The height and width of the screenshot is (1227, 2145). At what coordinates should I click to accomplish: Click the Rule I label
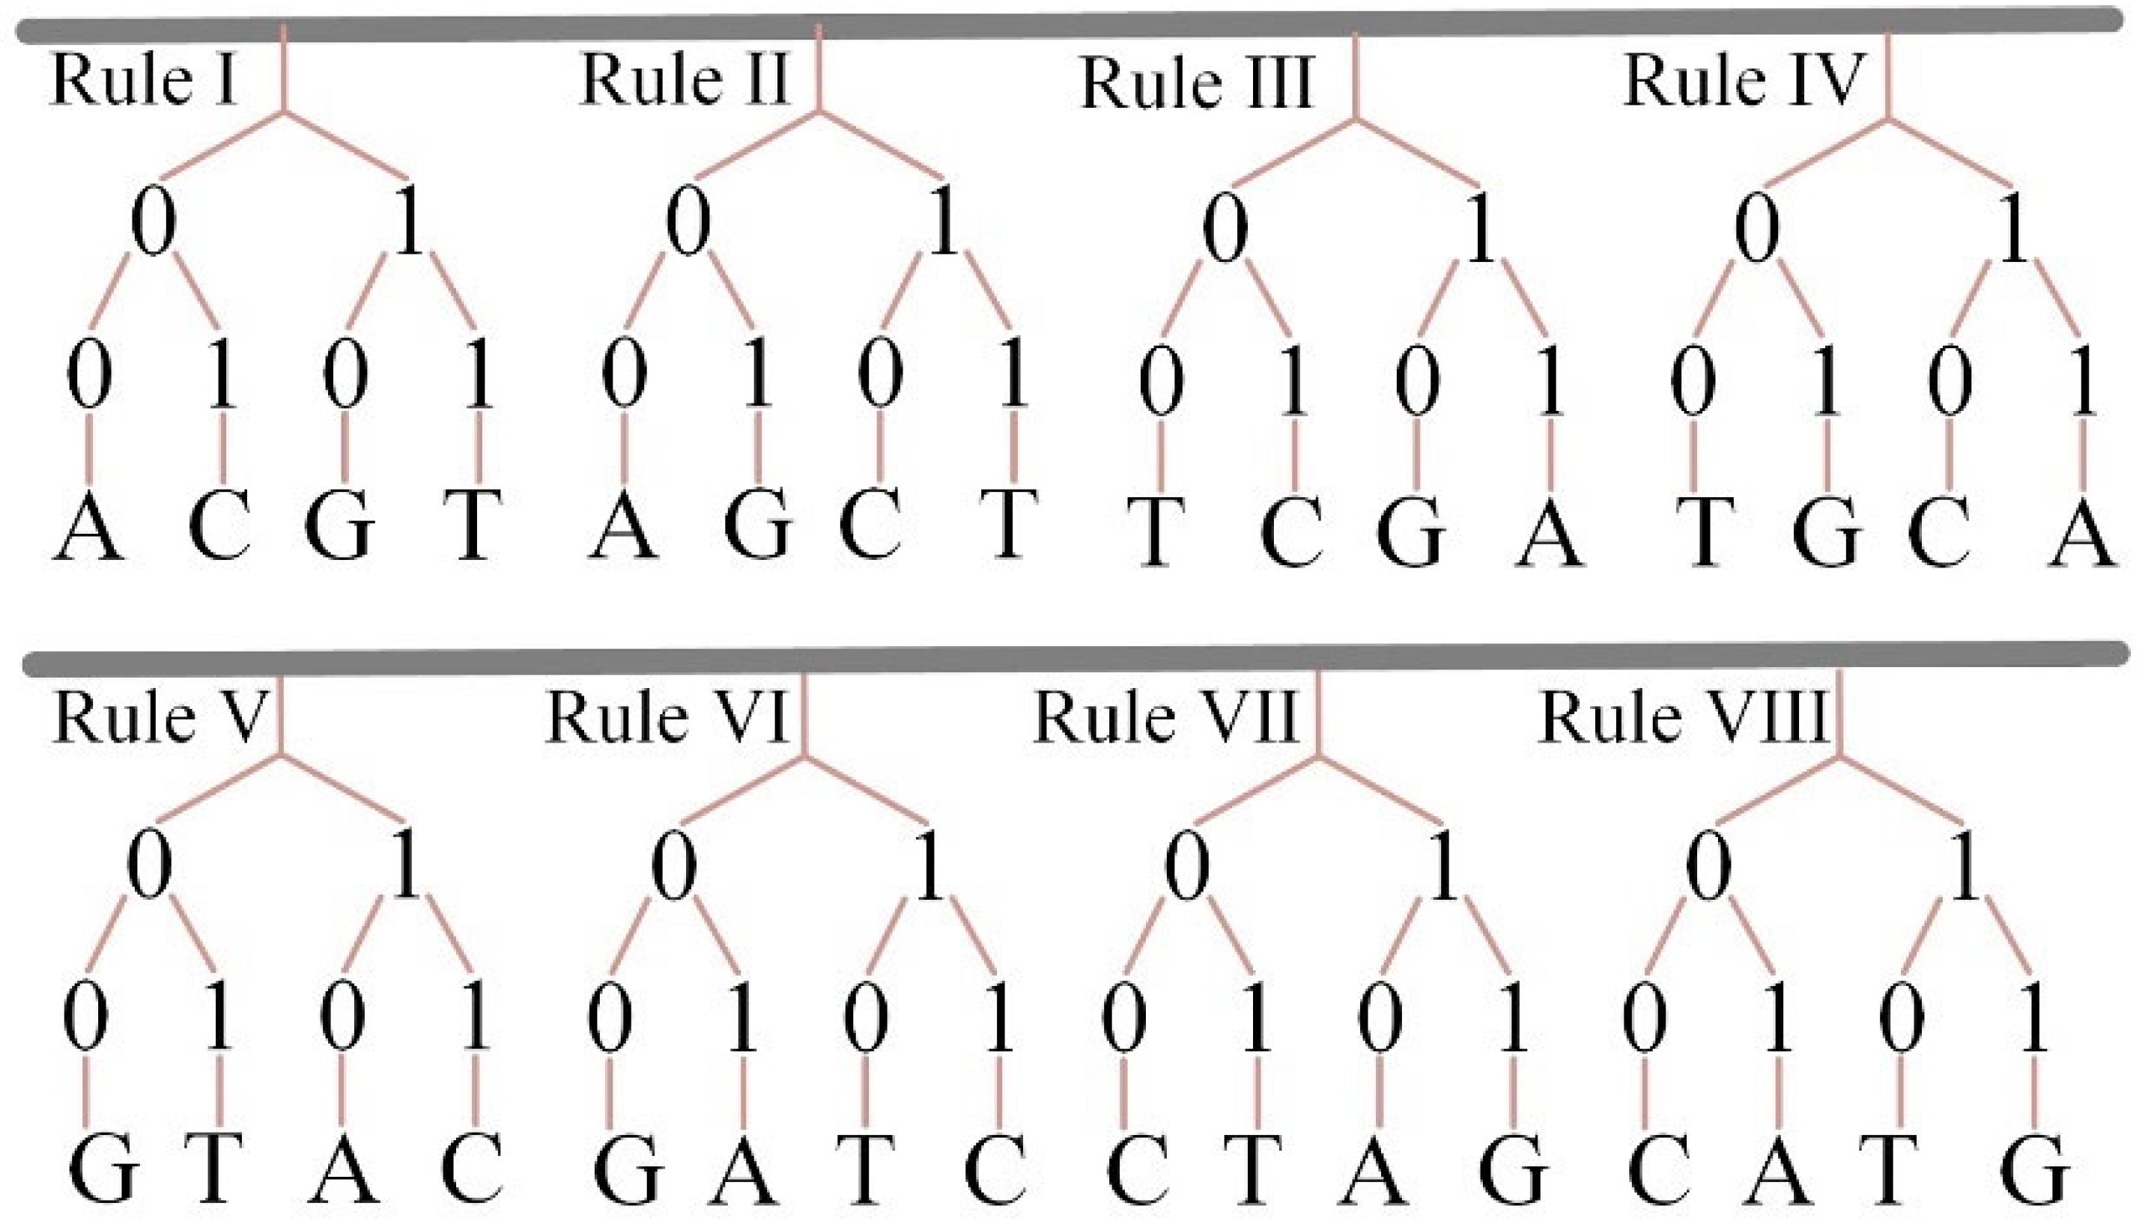(143, 81)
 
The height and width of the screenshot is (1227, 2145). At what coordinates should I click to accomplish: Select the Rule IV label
(1741, 82)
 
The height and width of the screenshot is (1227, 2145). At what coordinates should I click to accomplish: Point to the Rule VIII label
(1682, 718)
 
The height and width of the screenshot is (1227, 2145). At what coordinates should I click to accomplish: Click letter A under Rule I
(89, 529)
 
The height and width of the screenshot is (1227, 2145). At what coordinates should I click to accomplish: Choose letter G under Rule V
(103, 1169)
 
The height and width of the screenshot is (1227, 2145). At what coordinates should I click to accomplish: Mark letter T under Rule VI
(867, 1169)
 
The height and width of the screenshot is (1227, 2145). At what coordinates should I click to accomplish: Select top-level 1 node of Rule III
(1480, 229)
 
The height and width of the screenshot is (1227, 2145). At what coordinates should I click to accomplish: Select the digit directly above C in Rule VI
(1000, 1017)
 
